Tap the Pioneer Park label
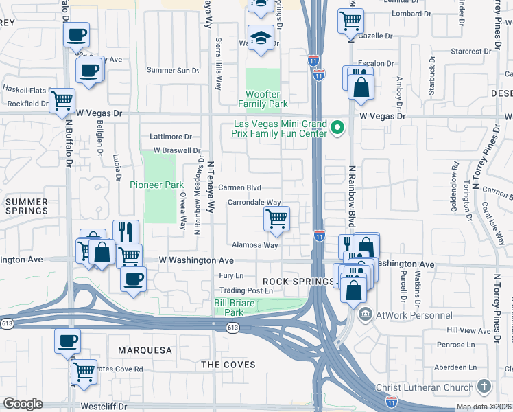(x=157, y=185)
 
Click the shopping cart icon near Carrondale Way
(x=276, y=219)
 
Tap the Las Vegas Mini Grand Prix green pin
(x=337, y=127)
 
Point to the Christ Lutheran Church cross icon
(x=484, y=387)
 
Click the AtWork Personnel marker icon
(x=364, y=314)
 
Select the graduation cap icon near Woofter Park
(x=261, y=38)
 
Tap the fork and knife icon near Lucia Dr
(x=126, y=231)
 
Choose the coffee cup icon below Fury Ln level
(x=133, y=279)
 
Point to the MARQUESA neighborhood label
(x=145, y=350)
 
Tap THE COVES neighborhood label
(x=228, y=365)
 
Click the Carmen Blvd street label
(x=239, y=187)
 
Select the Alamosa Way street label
(x=254, y=244)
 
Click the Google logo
(x=23, y=404)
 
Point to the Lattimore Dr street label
(x=171, y=137)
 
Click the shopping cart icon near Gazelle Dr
(x=350, y=20)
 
